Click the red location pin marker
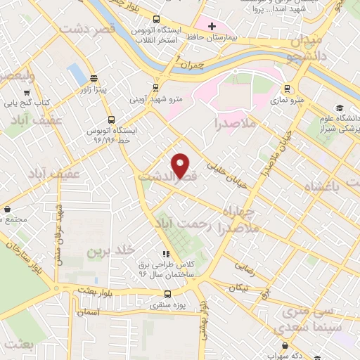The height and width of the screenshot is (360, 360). point(182,166)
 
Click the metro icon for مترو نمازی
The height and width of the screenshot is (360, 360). point(287,89)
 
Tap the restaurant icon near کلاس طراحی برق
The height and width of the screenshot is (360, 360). point(166,254)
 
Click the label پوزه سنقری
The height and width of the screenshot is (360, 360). point(167,306)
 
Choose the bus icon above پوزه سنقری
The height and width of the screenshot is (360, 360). point(167,294)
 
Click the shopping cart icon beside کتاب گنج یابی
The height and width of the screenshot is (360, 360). point(27,91)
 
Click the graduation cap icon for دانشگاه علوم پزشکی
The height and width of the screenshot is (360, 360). point(341,108)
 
